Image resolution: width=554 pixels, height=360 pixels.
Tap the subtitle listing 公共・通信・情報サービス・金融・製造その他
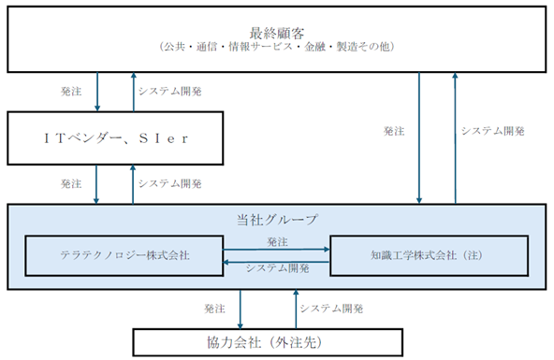pos(276,45)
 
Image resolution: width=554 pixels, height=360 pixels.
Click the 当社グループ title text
pos(278,221)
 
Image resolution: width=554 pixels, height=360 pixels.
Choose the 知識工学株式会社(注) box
pos(428,254)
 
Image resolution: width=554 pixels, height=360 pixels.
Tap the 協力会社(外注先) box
pos(278,342)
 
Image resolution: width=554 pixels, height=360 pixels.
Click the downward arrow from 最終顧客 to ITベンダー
pos(96,92)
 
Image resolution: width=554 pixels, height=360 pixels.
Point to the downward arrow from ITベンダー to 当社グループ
pos(96,183)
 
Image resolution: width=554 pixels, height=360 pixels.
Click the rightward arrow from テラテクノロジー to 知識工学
pos(277,249)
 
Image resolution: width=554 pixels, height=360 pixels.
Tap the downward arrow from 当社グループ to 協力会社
pos(242,308)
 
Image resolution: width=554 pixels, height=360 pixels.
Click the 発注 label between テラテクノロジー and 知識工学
pos(277,240)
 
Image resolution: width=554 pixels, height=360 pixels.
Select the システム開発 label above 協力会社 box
pos(331,308)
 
